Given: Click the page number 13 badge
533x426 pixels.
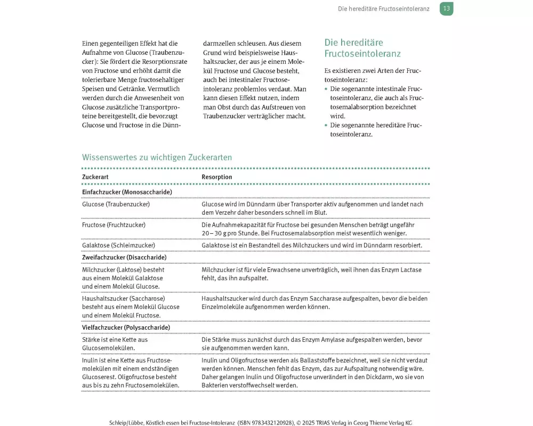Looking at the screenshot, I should coord(447,9).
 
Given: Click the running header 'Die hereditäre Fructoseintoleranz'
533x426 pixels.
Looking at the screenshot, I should coord(384,9).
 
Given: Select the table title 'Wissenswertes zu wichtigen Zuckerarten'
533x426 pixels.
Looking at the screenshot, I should coord(157,158).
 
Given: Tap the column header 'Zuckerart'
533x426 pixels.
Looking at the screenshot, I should coord(95,177).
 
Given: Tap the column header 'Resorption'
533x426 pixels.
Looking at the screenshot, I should coord(217,177).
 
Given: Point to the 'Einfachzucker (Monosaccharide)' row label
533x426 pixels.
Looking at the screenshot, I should coord(127,192).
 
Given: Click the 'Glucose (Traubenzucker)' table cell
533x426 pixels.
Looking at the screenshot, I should coord(116,204).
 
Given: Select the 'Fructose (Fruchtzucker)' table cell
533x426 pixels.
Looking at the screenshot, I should coord(114,225).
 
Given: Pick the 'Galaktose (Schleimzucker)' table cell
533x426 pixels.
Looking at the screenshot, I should coord(118,245).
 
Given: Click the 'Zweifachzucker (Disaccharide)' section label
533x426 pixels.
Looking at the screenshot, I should coord(124,257).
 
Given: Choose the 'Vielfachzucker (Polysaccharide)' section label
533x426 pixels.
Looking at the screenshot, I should coord(126,327).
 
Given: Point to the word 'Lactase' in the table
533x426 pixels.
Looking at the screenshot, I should coord(411,270).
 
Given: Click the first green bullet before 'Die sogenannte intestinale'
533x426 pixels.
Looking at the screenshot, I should coord(326,89).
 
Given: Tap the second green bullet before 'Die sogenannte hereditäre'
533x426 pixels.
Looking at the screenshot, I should coord(326,125).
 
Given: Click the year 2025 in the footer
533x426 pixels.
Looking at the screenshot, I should coord(310,423).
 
